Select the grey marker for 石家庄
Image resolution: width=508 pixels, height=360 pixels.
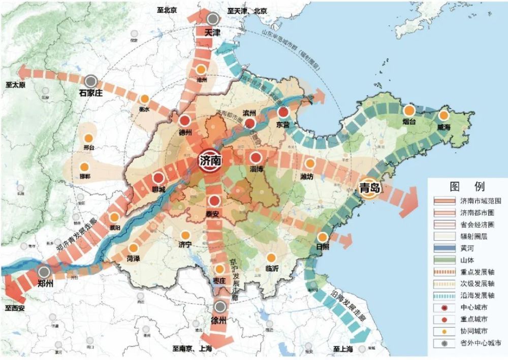click(91, 81)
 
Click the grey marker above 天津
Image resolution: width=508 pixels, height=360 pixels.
click(213, 19)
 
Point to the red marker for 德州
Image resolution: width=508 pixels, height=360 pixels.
click(185, 120)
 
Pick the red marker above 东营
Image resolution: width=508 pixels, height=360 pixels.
click(283, 112)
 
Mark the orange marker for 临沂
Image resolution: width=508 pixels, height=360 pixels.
click(272, 258)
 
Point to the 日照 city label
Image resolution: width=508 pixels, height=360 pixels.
click(322, 246)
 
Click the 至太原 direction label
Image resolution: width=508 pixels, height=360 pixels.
click(16, 84)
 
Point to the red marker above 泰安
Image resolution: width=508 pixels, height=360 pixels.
click(214, 201)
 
